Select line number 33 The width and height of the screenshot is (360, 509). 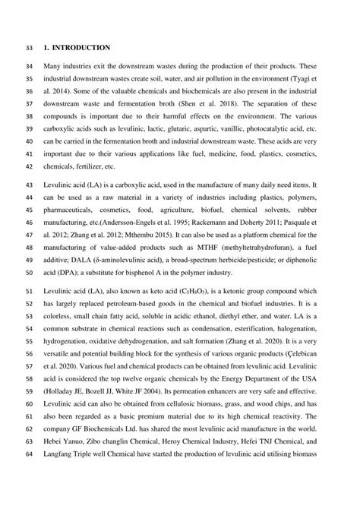click(29, 48)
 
